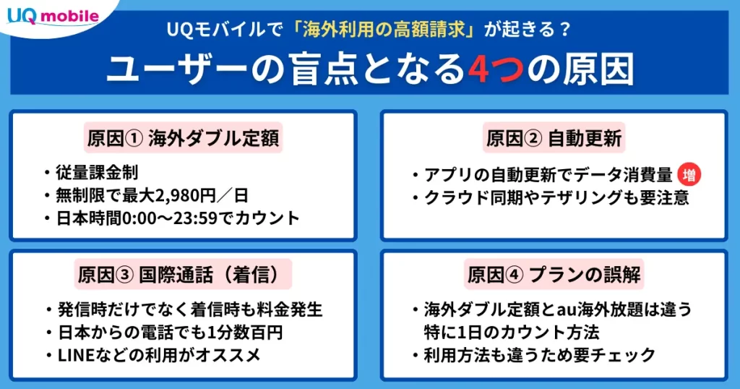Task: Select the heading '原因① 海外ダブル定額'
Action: click(x=183, y=138)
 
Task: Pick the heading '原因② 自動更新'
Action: click(x=554, y=138)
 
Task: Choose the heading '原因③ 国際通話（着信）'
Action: click(x=183, y=275)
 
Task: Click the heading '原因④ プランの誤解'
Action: click(x=554, y=275)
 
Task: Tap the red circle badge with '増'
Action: click(x=689, y=175)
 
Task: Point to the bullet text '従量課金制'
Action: click(x=97, y=173)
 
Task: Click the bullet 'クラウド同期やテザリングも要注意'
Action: click(x=557, y=197)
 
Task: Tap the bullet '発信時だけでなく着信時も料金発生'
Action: click(x=190, y=309)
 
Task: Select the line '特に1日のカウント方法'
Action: click(x=512, y=333)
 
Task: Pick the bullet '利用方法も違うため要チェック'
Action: click(x=540, y=355)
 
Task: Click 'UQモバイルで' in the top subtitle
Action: click(x=224, y=30)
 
